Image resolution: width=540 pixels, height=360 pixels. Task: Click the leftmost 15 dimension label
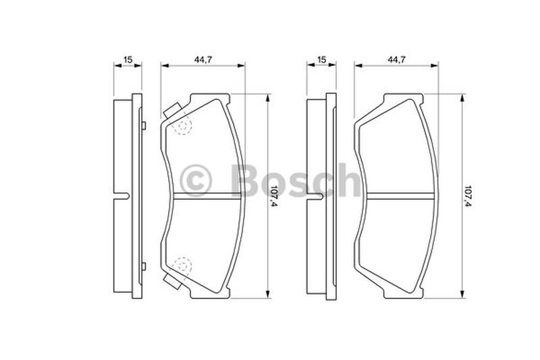128,59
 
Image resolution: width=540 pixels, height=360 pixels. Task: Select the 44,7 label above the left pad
203,59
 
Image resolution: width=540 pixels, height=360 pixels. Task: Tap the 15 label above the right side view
321,59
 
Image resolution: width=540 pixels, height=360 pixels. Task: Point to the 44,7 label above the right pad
397,59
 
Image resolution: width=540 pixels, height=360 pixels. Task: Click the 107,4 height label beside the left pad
274,196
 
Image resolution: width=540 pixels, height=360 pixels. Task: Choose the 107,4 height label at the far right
468,196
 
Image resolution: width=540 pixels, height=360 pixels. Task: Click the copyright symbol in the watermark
196,180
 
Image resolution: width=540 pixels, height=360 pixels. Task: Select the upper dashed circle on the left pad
183,126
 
